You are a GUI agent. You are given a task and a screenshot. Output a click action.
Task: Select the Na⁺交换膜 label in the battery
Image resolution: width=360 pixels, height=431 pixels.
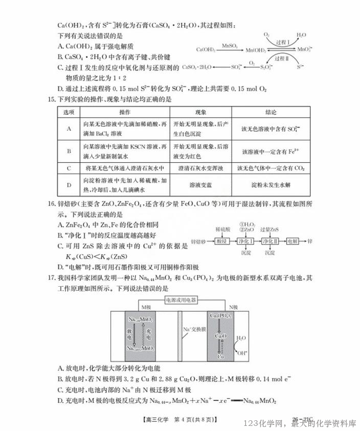[194, 330]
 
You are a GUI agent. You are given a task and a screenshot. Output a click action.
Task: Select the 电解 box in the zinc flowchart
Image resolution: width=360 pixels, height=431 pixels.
[292, 241]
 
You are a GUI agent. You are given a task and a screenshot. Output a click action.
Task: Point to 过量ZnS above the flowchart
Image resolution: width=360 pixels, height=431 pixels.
[269, 228]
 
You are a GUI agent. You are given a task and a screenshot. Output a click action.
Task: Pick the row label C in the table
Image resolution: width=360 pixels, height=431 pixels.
[69, 167]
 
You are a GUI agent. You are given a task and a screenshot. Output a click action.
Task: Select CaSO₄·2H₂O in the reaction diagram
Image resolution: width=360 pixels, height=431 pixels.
[196, 67]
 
